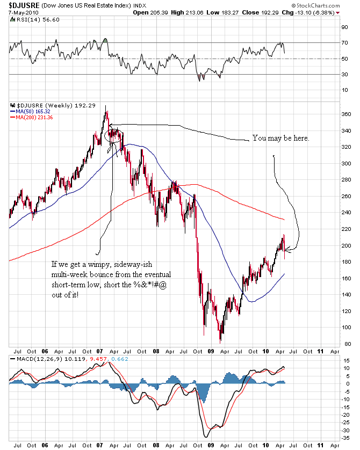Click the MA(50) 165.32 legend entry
click(33, 111)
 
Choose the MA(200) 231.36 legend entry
click(34, 118)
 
